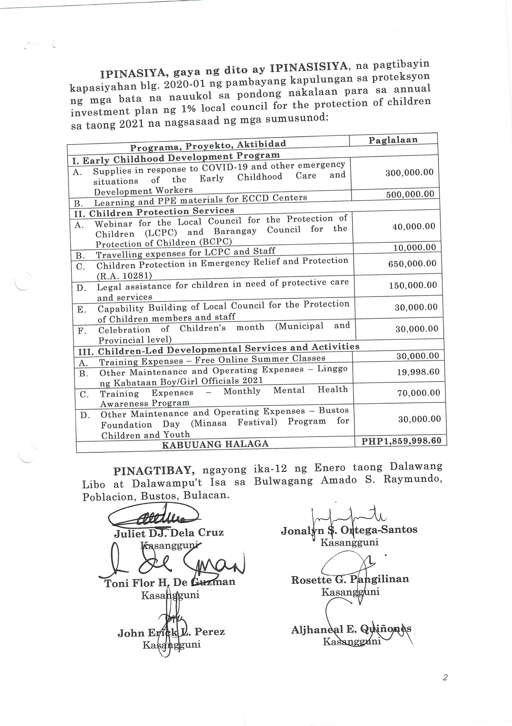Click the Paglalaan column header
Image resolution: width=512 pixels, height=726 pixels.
(393, 140)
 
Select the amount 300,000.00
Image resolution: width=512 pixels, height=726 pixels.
(409, 173)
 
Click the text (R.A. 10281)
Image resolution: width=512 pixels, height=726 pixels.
(124, 276)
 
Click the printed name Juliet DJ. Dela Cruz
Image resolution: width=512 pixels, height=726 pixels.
(169, 533)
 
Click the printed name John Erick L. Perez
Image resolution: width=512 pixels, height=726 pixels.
(171, 632)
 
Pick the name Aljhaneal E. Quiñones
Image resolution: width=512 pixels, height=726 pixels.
(351, 630)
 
